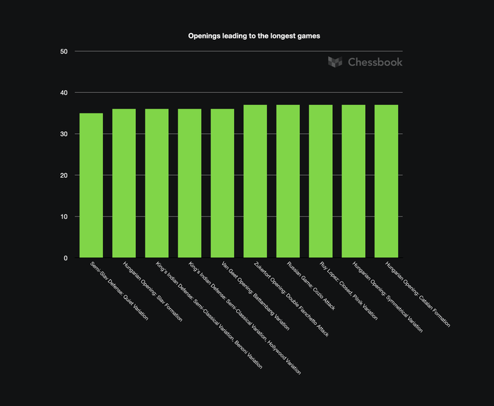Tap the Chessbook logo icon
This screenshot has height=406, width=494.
point(335,62)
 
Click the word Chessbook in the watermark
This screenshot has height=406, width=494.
point(375,62)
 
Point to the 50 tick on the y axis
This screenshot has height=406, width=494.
point(64,52)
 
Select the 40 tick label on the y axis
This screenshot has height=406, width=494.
point(64,93)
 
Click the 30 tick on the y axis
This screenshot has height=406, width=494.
point(64,134)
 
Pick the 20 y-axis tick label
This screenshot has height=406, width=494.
point(64,176)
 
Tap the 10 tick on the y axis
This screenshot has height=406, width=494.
point(64,217)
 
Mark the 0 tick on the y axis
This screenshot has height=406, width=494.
point(66,258)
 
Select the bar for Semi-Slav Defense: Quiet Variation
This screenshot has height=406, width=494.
point(91,185)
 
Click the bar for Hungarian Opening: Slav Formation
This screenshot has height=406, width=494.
point(124,183)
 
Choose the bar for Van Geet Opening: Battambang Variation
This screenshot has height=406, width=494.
point(222,183)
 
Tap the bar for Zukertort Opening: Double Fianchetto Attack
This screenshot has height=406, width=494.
point(255,181)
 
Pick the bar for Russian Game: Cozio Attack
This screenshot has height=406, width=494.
point(288,181)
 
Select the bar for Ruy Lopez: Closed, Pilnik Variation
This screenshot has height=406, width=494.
point(320,181)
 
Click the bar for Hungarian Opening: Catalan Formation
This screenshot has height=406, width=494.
point(386,181)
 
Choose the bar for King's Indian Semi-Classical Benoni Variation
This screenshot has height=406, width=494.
point(157,183)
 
